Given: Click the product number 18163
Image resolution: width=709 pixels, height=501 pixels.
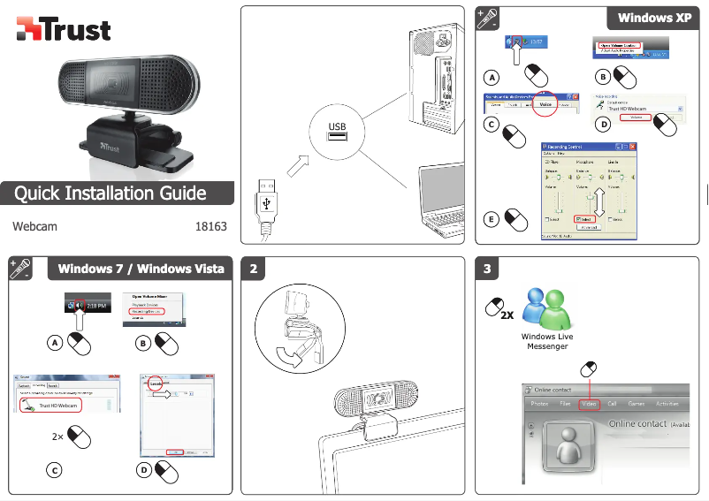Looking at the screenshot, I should point(210,226).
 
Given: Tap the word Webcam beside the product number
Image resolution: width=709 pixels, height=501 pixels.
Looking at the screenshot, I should point(35,226).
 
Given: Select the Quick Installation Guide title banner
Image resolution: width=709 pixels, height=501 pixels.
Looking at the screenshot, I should point(111,193).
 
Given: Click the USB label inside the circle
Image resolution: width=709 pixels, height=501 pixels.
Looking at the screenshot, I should point(337,125).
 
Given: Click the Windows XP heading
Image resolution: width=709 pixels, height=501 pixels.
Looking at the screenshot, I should point(654,18).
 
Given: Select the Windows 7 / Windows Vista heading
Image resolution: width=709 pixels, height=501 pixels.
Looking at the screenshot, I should point(141,269).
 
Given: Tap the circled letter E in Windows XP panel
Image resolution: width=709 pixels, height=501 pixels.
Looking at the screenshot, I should point(492,217).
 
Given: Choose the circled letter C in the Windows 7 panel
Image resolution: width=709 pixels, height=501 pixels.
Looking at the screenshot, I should point(54,470).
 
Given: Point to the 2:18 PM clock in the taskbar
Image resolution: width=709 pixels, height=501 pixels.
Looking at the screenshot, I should point(96,305).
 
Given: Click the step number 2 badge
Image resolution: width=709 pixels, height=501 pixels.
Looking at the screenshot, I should point(255,269).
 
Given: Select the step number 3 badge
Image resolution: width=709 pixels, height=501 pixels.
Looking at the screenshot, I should point(487,269).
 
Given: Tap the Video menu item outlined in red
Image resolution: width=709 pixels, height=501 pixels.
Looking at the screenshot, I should point(590,404).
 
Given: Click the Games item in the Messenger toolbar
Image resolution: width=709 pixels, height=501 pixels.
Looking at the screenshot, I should point(636,404).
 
